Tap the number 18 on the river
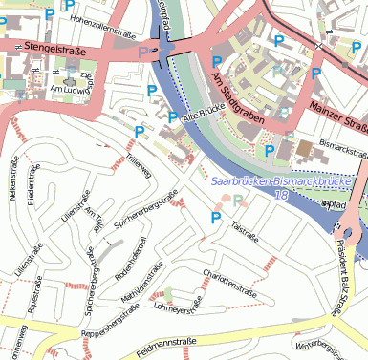tap(281, 195)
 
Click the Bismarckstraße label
tap(344, 149)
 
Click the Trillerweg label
tap(138, 167)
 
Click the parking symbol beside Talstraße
tap(215, 219)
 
